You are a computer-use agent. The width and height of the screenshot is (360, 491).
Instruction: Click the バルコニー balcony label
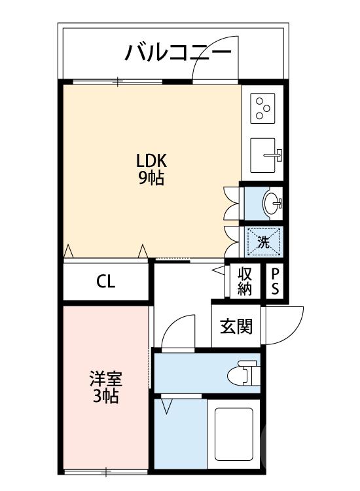[x=181, y=51]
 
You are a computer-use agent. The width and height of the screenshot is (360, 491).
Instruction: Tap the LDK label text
[x=152, y=160]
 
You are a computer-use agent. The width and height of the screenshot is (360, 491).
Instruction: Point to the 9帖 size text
[x=151, y=178]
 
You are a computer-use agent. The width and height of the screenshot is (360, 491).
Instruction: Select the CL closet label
[x=105, y=282]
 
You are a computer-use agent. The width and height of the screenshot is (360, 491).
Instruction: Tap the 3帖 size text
[x=105, y=396]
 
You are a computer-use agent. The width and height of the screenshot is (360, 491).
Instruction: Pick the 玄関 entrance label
[x=236, y=325]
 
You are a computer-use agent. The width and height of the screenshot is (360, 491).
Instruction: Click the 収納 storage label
[x=245, y=282]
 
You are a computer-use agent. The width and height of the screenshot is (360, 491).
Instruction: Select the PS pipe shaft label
[x=275, y=282]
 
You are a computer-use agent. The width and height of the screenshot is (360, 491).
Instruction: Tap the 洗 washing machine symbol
[x=264, y=240]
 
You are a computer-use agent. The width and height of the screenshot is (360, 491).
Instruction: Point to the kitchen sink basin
[x=264, y=156]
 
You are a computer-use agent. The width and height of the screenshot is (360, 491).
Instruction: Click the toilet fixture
[x=241, y=373]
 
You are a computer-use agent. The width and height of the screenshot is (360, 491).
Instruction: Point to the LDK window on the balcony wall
[x=118, y=82]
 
